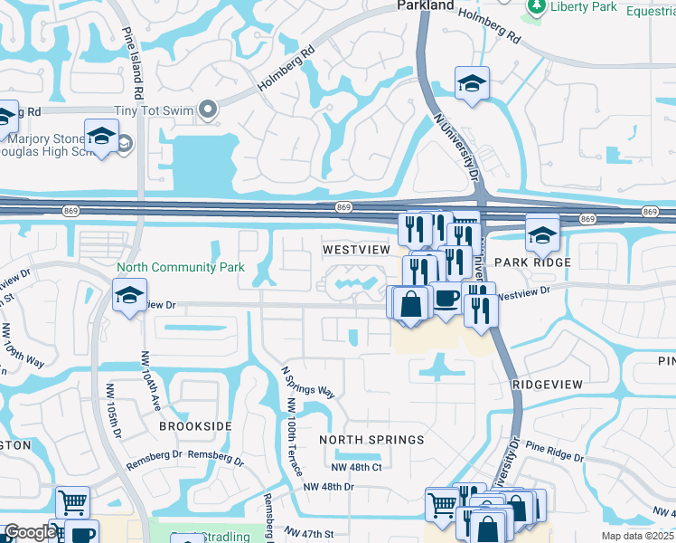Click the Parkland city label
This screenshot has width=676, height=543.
(x=426, y=5)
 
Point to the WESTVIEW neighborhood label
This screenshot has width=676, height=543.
(x=356, y=249)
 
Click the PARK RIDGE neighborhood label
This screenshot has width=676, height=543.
(x=539, y=262)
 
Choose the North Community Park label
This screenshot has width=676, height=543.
(x=181, y=268)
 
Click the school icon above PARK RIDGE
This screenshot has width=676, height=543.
(x=541, y=234)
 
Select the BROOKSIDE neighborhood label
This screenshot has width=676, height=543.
(x=196, y=425)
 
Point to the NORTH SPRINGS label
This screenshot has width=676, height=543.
(x=371, y=440)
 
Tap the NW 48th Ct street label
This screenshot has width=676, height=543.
(x=357, y=467)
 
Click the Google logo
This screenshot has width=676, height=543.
(x=30, y=532)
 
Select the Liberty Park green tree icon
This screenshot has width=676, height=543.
(x=535, y=6)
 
